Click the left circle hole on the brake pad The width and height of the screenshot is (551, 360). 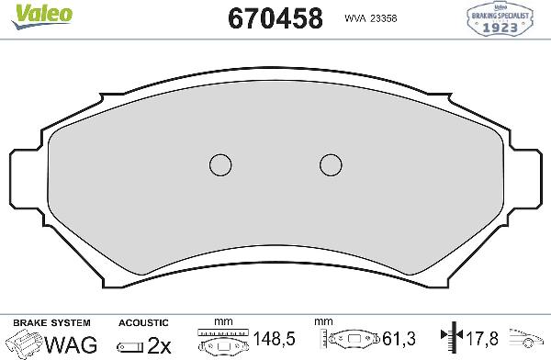coord(220,164)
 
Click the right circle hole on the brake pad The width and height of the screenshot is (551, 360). coord(331,164)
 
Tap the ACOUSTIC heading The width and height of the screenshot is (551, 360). coord(144,322)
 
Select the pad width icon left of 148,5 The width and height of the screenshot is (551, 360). coord(223,343)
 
